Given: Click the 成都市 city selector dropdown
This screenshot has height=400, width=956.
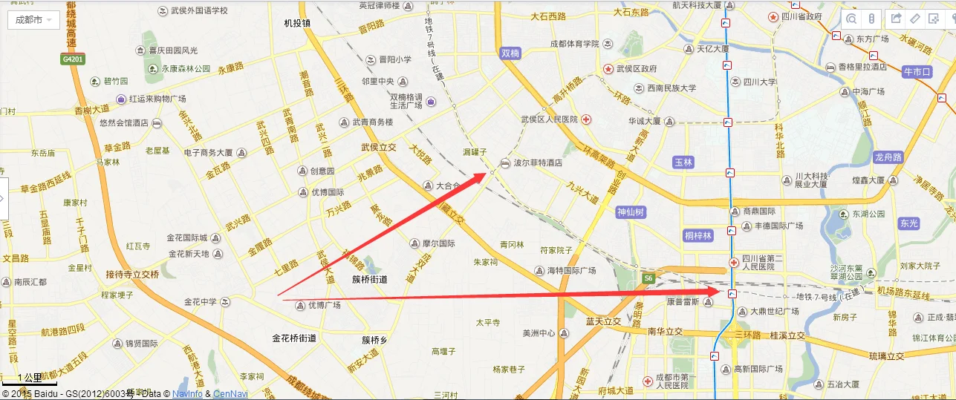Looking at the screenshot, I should pos(33,20).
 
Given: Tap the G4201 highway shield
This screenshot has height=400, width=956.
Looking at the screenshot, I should pos(73,59).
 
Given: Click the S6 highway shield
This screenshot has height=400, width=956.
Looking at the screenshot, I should pos(648,278).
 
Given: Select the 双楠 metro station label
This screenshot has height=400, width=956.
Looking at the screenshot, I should pos(510,53).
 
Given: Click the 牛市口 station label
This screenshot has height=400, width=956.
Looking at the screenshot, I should pos(916,72).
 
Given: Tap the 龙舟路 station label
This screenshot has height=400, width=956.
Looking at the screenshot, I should pos(888,157).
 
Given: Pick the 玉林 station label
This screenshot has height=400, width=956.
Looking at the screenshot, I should pos(683,162).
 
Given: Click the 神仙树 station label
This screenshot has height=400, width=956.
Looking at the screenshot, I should pos(631,212).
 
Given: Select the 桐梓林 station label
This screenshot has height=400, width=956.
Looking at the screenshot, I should pos(698,236).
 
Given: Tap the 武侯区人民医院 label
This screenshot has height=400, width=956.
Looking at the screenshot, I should pos(550,119).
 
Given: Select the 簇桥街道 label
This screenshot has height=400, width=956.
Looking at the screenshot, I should pos(370,280).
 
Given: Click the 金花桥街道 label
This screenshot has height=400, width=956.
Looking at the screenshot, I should pos(294,338).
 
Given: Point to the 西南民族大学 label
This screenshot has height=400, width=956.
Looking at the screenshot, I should pos(671,88).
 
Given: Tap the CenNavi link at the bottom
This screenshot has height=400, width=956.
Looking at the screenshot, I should pos(230,394).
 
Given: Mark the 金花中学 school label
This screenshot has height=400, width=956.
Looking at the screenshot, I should pos(201,302).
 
